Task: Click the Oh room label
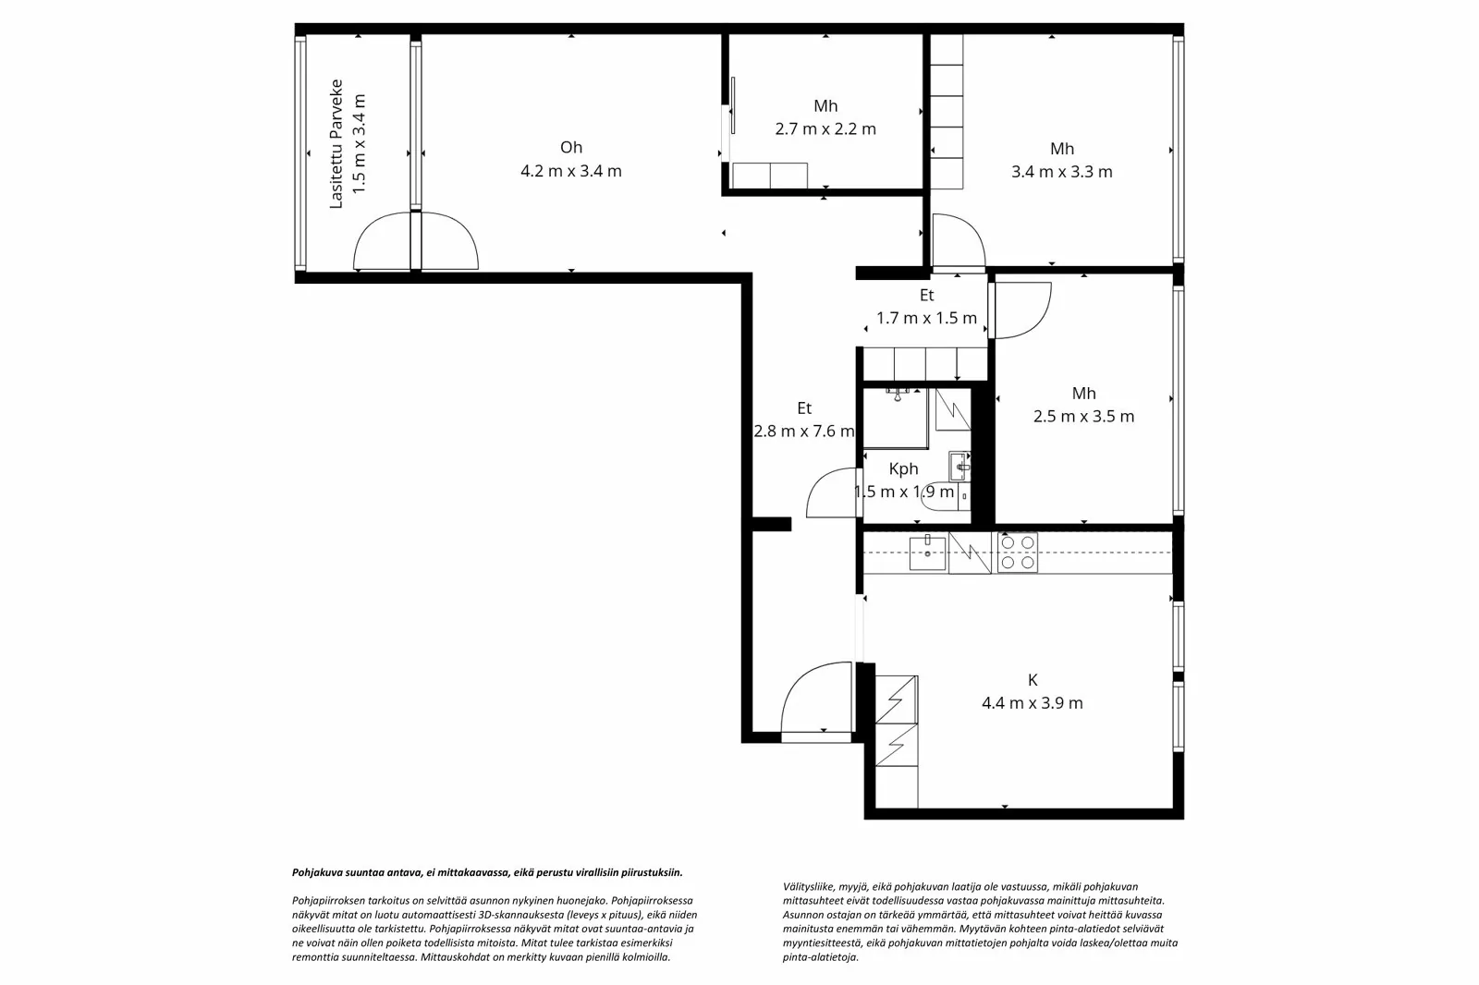pos(571,148)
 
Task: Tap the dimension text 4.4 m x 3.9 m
pos(1032,703)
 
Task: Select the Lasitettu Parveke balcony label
pos(336,144)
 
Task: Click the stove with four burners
pos(1017,553)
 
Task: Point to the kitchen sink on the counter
pos(927,553)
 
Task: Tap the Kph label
pos(903,469)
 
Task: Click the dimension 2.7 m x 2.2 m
pos(825,129)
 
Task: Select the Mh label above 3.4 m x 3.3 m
pos(1062,149)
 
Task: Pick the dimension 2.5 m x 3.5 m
pos(1083,417)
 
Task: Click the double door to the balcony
pos(415,242)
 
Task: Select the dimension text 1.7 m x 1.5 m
pos(926,319)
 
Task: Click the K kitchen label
pos(1033,681)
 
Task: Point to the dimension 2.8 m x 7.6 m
pos(804,431)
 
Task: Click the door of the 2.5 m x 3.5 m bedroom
pos(1021,310)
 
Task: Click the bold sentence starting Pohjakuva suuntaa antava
pos(487,872)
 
